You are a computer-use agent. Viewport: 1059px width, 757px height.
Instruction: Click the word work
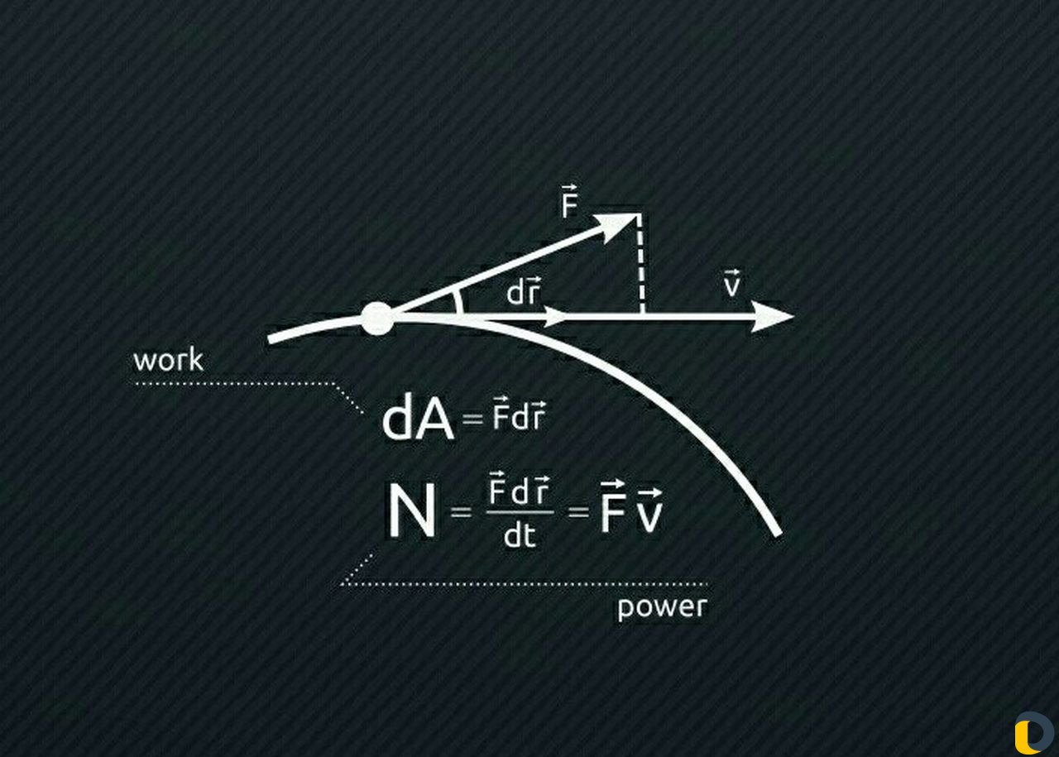coord(168,360)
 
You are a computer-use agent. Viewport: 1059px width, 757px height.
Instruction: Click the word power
coord(663,606)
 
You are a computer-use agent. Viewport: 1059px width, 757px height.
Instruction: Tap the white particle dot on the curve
coord(376,319)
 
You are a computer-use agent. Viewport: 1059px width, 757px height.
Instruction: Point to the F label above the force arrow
coord(569,201)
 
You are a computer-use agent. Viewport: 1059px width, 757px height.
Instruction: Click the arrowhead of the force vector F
coord(620,226)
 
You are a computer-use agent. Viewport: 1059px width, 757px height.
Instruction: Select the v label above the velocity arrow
coord(732,283)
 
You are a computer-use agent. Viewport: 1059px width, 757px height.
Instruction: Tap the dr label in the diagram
coord(523,290)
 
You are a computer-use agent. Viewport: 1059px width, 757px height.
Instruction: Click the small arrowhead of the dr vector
coord(555,316)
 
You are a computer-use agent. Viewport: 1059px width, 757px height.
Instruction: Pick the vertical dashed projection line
coord(640,265)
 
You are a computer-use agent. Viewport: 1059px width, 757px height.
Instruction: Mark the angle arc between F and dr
coord(458,302)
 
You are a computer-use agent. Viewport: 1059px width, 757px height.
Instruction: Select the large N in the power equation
coord(411,511)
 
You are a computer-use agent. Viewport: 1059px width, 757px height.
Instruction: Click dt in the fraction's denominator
coord(520,536)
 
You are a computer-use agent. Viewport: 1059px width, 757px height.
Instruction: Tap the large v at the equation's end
coord(649,510)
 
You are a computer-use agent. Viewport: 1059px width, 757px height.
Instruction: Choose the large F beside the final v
coord(613,507)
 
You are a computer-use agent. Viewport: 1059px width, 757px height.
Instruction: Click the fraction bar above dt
coord(520,512)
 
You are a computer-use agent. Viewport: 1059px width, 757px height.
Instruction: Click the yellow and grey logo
coord(1033,732)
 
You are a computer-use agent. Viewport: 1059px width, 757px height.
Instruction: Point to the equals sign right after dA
coord(472,419)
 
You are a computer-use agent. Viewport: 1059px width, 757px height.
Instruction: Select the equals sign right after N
coord(461,512)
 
